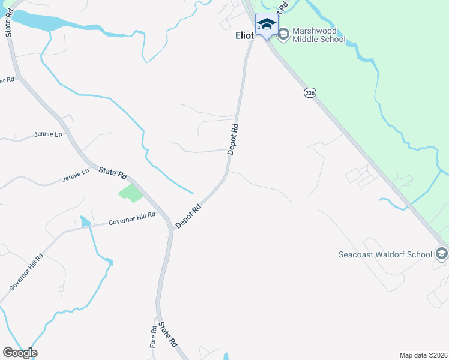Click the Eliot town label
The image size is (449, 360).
245,35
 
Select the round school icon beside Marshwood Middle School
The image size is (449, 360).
283,35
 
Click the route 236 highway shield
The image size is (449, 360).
309,93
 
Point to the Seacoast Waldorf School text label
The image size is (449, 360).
385,254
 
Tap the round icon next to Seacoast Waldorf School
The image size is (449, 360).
441,254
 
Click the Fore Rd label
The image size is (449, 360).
154,337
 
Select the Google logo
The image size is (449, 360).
20,353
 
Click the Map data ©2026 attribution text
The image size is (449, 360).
423,355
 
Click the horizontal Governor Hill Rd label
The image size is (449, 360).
131,219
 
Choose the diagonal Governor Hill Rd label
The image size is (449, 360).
26,273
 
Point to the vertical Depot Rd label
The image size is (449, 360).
234,139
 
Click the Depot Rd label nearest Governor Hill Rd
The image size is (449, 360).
188,217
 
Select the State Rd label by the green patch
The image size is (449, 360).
113,172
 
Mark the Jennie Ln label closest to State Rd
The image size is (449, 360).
75,175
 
